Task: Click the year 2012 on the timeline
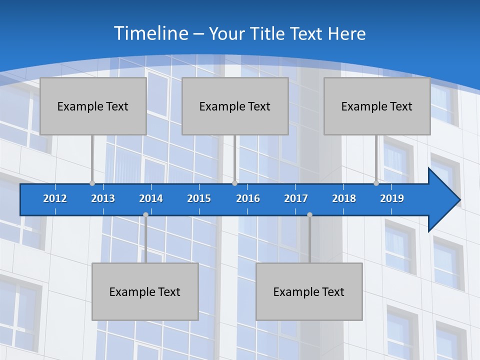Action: point(55,198)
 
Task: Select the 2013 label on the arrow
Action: point(103,198)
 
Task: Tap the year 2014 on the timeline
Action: point(151,198)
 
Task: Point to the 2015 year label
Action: point(199,198)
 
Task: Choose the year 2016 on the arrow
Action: point(248,198)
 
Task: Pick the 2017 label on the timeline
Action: point(296,198)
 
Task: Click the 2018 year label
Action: point(344,198)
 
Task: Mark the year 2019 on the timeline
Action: point(392,198)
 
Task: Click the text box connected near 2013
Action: point(93,106)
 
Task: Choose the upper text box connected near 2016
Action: point(235,106)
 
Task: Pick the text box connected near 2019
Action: point(377,106)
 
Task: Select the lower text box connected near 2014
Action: point(145,291)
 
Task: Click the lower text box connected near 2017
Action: point(309,291)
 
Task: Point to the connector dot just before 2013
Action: point(92,183)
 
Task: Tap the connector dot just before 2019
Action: point(376,183)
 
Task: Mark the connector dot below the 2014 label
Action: point(145,214)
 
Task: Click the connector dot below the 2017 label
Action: point(309,214)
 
